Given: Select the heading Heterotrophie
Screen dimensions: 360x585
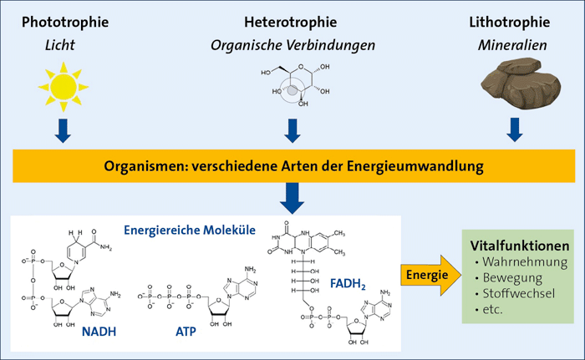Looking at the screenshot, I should click(292, 20).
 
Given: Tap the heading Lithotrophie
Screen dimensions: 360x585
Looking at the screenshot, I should click(511, 20).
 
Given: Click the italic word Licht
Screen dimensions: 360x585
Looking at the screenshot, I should click(61, 41).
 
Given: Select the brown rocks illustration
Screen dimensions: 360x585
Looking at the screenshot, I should click(511, 84).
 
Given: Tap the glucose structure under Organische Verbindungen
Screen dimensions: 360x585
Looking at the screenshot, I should click(292, 85).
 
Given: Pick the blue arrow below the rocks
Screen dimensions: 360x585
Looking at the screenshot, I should click(513, 129).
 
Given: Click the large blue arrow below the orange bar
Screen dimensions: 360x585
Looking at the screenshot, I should click(292, 196).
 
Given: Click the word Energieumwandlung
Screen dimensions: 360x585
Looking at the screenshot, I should click(425, 166).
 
